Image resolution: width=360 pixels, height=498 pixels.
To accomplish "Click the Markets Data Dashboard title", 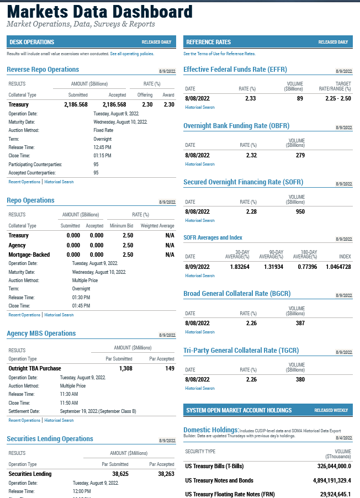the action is (x=100, y=12).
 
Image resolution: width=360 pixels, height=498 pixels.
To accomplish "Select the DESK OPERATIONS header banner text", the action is (x=32, y=42).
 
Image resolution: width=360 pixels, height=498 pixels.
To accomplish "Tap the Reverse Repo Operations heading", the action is (x=43, y=70).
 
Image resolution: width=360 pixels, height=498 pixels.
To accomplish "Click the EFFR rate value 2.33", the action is (x=250, y=98).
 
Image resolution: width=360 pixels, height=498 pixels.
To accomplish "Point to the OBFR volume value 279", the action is (x=300, y=155).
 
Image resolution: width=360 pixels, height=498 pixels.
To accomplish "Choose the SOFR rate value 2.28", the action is (x=251, y=211).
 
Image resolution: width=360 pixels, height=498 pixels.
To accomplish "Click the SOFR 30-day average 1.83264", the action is (x=240, y=267).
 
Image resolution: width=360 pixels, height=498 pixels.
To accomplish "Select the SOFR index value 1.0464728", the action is (x=338, y=267).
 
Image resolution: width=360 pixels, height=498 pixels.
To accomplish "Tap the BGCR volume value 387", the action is (x=300, y=323).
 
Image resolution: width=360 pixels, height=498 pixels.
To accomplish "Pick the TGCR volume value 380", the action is (x=300, y=379).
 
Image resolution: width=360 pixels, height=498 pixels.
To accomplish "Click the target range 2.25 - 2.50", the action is (x=338, y=98).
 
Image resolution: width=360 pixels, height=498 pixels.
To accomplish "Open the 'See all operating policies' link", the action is (x=132, y=54).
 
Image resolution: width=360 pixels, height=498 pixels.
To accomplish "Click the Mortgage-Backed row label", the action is (x=29, y=255).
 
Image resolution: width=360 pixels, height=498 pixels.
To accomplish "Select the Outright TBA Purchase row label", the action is (x=35, y=368).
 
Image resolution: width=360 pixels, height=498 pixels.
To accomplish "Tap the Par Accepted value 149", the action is (x=170, y=368).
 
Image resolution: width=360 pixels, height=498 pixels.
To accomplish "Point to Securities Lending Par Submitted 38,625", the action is (x=120, y=474).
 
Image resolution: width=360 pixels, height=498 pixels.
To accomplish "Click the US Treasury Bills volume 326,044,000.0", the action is (x=334, y=466).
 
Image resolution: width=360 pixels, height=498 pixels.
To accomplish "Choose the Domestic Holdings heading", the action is (x=211, y=430).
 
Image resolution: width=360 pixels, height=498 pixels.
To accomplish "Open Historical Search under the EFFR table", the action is (x=200, y=107).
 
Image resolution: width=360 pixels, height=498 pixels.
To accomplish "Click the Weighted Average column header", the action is (x=157, y=226).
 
